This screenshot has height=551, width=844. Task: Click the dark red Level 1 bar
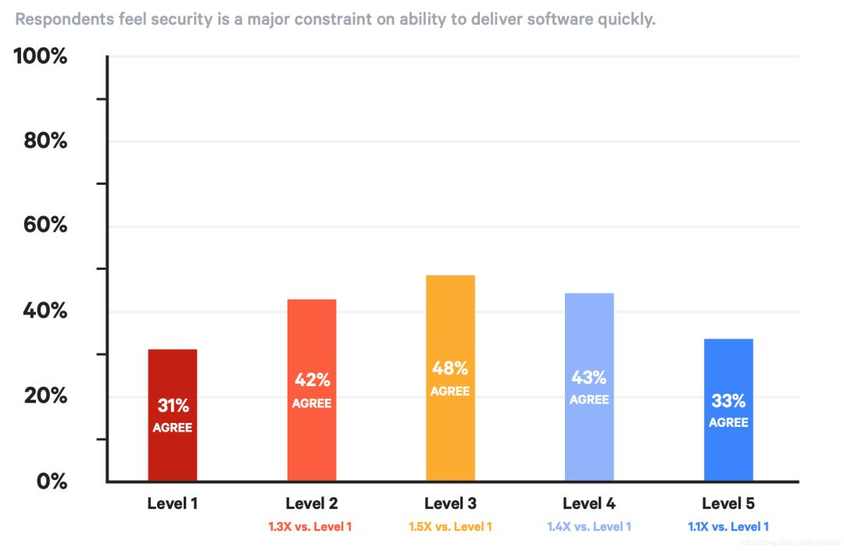(172, 453)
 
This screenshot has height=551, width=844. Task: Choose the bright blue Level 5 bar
(728, 453)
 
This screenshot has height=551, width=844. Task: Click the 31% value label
(173, 406)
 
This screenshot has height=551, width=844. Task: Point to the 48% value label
(450, 368)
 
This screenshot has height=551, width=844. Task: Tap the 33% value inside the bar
(728, 401)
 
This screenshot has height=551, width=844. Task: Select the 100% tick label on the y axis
(41, 56)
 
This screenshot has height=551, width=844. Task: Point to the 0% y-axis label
(52, 481)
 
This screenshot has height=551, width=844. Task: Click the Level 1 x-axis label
(173, 503)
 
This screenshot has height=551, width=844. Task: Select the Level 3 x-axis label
(450, 503)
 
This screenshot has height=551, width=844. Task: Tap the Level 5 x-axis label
(728, 503)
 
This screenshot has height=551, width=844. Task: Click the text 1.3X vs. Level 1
(311, 527)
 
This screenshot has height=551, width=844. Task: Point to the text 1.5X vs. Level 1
(450, 527)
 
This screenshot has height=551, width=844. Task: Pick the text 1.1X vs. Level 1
(728, 527)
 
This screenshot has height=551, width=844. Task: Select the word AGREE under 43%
(588, 400)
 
